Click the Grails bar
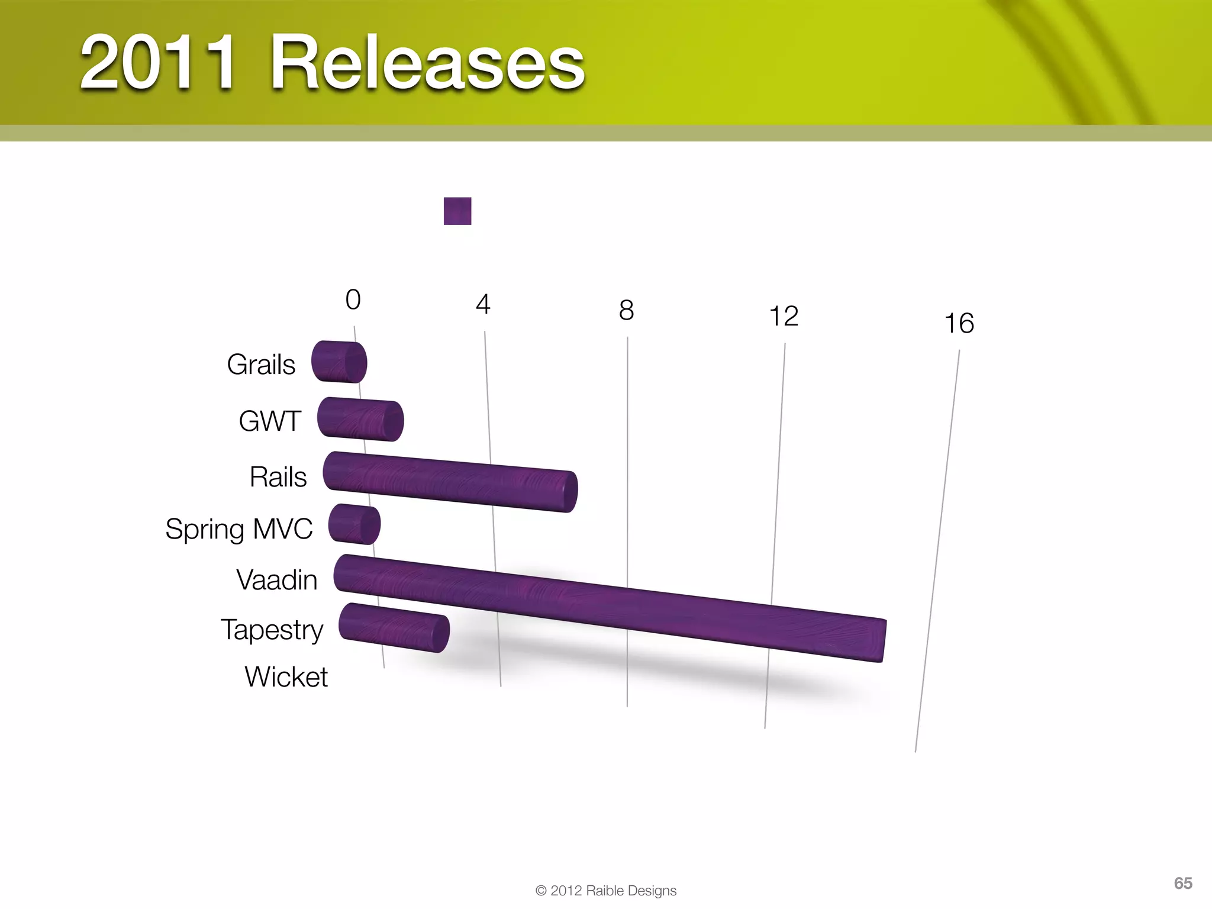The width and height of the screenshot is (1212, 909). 339,362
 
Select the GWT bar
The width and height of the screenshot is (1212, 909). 360,419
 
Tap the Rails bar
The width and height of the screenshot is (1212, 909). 450,481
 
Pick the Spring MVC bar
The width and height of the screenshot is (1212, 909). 354,524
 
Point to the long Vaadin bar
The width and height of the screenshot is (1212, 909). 610,608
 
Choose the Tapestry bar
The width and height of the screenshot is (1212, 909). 394,628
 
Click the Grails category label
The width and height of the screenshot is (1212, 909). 261,365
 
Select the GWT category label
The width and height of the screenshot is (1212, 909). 270,421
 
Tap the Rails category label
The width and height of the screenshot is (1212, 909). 278,477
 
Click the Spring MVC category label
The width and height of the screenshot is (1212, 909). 239,529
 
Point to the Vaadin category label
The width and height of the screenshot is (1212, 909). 277,580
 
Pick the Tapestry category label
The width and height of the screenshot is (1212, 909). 272,630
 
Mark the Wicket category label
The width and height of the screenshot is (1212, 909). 286,677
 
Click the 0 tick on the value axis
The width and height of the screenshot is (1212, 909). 353,299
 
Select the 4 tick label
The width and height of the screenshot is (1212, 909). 483,304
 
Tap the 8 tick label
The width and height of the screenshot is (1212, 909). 626,310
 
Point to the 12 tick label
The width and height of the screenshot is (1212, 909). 784,316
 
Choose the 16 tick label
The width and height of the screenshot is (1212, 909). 959,323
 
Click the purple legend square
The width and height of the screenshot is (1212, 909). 457,211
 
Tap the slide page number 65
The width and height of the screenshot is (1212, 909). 1183,883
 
